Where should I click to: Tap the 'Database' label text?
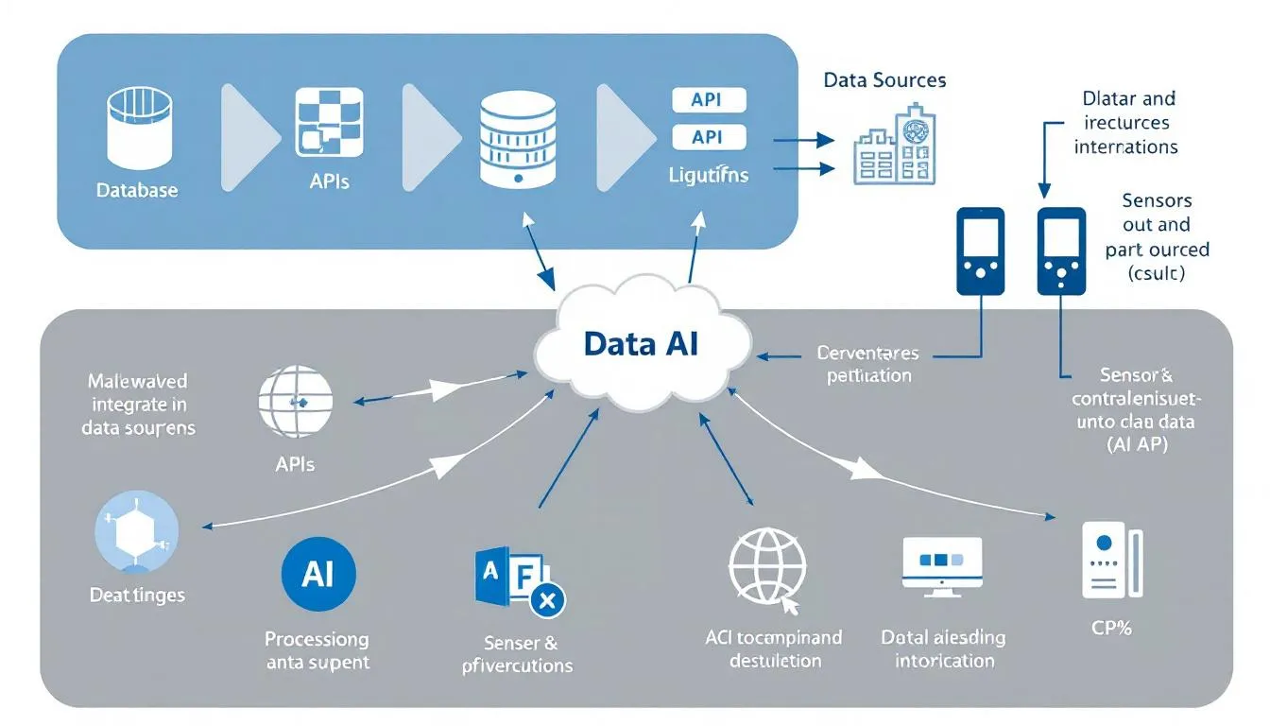pyautogui.click(x=137, y=190)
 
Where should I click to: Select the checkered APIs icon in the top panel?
pyautogui.click(x=329, y=122)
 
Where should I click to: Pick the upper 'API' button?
pyautogui.click(x=708, y=100)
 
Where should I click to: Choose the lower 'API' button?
pyautogui.click(x=708, y=138)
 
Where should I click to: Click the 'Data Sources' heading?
pyautogui.click(x=884, y=80)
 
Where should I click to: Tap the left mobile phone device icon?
pyautogui.click(x=981, y=251)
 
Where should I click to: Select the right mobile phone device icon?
pyautogui.click(x=1061, y=251)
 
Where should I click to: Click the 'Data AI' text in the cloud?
pyautogui.click(x=641, y=343)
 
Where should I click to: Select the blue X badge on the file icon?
pyautogui.click(x=545, y=598)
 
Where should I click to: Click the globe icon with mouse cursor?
pyautogui.click(x=766, y=567)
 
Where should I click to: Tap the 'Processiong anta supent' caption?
pyautogui.click(x=317, y=650)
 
